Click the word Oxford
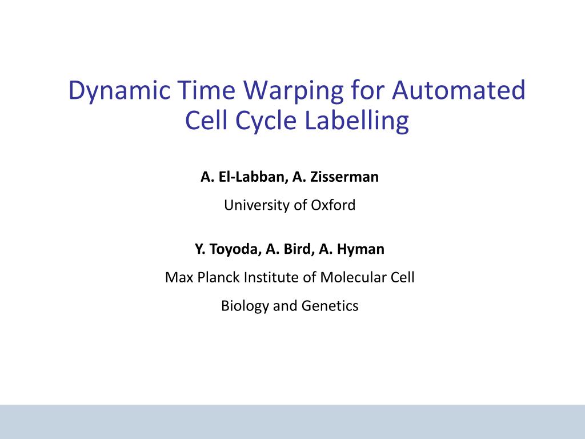click(333, 205)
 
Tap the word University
click(257, 205)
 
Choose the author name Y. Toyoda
click(227, 249)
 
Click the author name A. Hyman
click(352, 249)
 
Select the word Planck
click(220, 278)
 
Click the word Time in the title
click(206, 91)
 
